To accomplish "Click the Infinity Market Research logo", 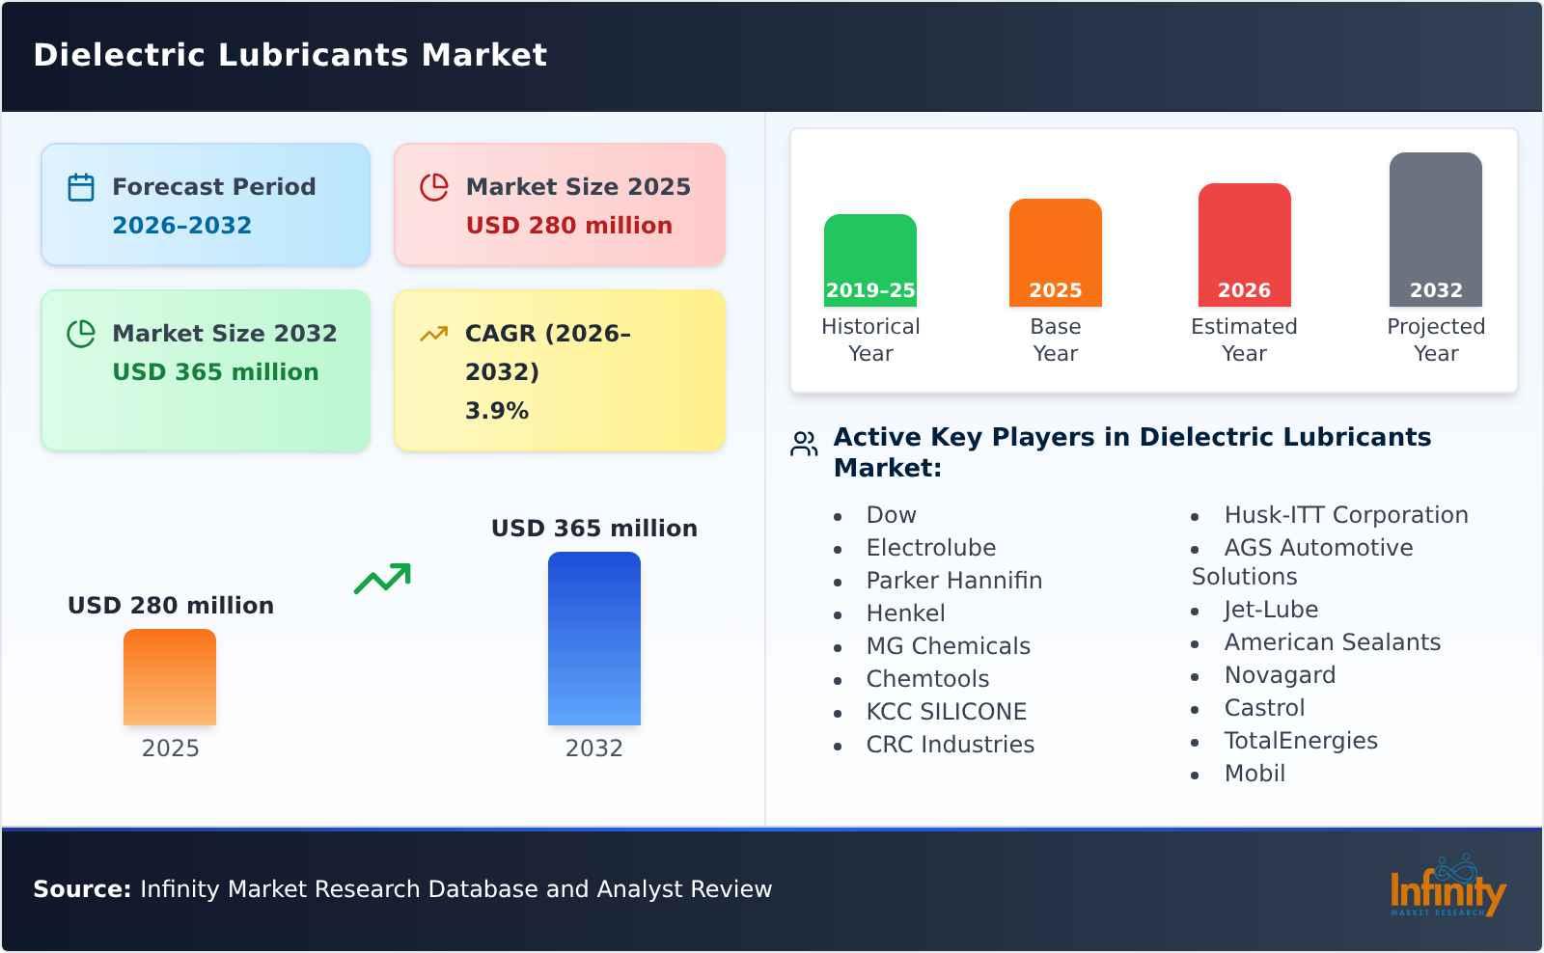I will tap(1447, 886).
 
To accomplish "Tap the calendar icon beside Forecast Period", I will tap(81, 187).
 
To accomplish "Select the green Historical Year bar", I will tap(869, 259).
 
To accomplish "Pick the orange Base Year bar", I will tap(1055, 252).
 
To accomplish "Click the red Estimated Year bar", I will tap(1244, 244).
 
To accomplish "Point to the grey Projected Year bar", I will tap(1435, 229).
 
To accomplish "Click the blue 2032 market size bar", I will tap(593, 638).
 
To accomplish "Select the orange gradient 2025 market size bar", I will tap(170, 676).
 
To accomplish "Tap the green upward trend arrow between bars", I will tap(382, 579).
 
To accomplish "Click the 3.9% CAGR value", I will tap(497, 411).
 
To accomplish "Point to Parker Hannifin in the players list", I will tap(953, 581).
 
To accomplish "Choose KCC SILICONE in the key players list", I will tap(946, 712).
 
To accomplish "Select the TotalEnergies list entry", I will tap(1300, 741).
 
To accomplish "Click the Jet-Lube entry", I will tap(1270, 610).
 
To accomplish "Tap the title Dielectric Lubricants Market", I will tap(290, 55).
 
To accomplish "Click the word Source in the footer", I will tap(81, 889).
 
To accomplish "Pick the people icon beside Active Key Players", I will tap(804, 444).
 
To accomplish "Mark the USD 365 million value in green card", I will tap(215, 372).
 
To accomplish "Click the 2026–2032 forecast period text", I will tap(181, 226).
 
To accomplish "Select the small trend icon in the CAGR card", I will tap(433, 334).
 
